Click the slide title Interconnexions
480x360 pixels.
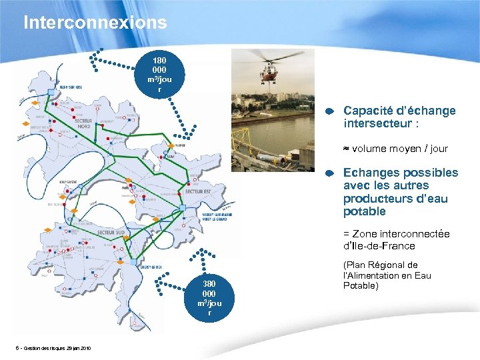(95, 23)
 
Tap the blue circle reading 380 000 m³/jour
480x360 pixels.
(210, 297)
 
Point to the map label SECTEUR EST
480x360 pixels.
(197, 192)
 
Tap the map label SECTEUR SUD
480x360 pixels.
(111, 233)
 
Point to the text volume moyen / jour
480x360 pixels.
(399, 149)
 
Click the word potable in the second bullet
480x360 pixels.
(364, 212)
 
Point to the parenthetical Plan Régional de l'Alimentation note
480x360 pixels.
(387, 275)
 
